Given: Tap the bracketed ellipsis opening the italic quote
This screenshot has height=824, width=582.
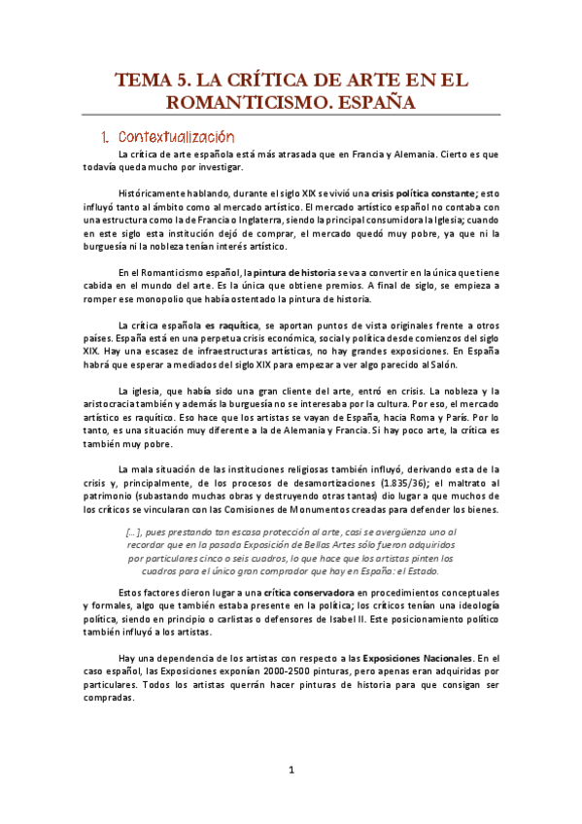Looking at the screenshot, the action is click(135, 532).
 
